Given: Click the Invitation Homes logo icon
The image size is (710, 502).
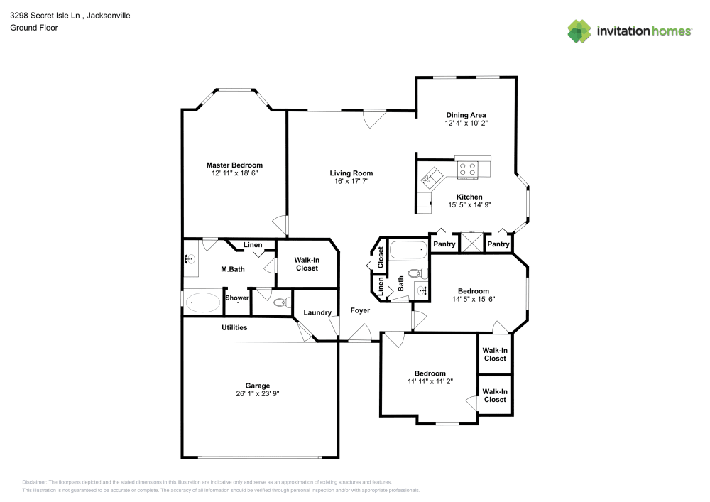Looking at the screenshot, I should (x=579, y=31).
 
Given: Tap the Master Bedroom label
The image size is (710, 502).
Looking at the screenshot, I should (x=234, y=165).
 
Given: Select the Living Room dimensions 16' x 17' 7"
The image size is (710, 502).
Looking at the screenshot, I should (x=351, y=182).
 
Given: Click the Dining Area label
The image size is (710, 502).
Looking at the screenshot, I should (x=466, y=115).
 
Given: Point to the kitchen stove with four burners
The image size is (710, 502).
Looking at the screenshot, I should (x=467, y=169).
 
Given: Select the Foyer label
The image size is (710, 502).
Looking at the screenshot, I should (x=360, y=311).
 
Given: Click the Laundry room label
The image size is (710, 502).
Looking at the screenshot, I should (x=317, y=313).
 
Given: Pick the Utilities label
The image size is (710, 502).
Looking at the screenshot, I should (x=234, y=327).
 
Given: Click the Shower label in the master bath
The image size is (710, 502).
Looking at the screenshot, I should (x=237, y=298).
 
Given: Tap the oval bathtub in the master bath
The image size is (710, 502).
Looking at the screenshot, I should (x=203, y=303).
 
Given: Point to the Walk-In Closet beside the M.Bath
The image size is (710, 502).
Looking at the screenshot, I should (x=306, y=264).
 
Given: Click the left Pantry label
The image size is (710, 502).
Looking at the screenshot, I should (x=444, y=244).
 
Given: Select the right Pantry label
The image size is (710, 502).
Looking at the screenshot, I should (x=498, y=244).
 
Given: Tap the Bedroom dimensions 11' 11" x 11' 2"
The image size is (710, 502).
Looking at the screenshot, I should (x=430, y=381).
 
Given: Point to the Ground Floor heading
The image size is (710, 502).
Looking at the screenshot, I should (x=34, y=28).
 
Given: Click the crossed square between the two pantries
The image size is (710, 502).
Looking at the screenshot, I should (x=471, y=243).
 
